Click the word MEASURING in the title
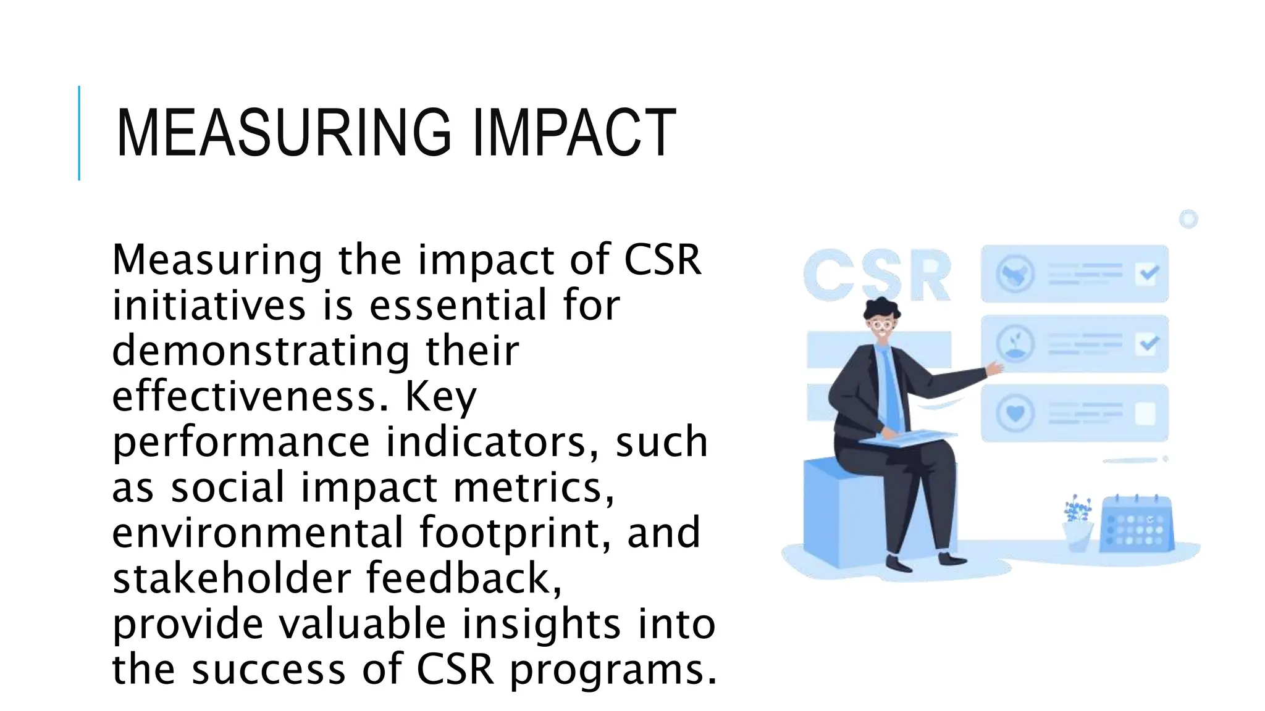(x=284, y=133)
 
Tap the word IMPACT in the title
(x=574, y=133)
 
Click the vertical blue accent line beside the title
(x=79, y=133)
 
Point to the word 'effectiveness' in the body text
(x=250, y=396)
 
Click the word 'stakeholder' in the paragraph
(x=232, y=578)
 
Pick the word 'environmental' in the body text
(x=258, y=533)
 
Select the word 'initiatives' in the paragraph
(x=209, y=306)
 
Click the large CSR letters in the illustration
(x=877, y=276)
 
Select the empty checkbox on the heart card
(x=1146, y=414)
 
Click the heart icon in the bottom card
(x=1015, y=413)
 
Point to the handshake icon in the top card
(x=1015, y=273)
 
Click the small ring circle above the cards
(x=1188, y=219)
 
